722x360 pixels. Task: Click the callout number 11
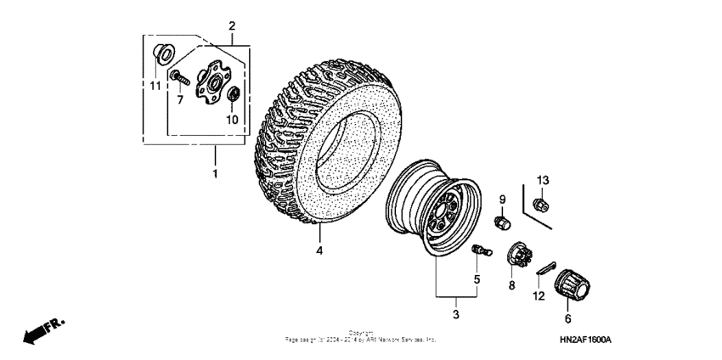155,86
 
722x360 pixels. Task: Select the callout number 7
179,99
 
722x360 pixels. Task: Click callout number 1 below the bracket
215,174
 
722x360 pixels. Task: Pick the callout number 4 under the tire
319,250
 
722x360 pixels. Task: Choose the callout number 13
543,179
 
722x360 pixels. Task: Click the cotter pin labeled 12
544,267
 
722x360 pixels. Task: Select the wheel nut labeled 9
502,222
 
